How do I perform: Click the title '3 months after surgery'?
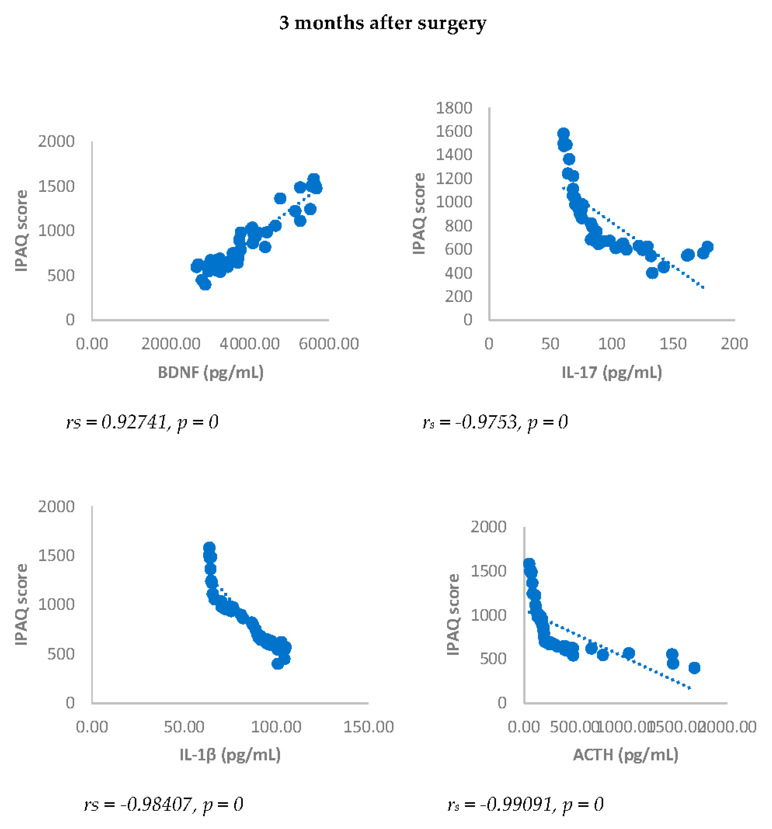(383, 23)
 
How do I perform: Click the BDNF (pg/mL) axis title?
(211, 372)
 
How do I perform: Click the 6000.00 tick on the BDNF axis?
(329, 344)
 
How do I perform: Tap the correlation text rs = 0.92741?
(142, 422)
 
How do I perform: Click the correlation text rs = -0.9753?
(495, 422)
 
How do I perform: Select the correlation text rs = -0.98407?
(164, 804)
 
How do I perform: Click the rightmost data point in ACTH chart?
(694, 668)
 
